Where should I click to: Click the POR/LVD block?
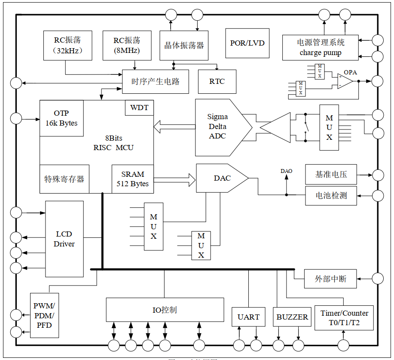pyautogui.click(x=247, y=43)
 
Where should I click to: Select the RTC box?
pyautogui.click(x=217, y=81)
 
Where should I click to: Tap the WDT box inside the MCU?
pyautogui.click(x=139, y=108)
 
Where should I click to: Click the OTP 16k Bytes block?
pyautogui.click(x=61, y=118)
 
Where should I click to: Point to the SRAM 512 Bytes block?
pyautogui.click(x=132, y=179)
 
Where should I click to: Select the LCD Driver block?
pyautogui.click(x=64, y=239)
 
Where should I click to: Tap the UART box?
pyautogui.click(x=248, y=317)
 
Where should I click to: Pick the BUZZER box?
pyautogui.click(x=292, y=317)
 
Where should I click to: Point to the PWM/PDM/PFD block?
pyautogui.click(x=44, y=315)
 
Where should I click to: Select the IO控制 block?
pyautogui.click(x=165, y=310)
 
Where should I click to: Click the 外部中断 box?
pyautogui.click(x=330, y=279)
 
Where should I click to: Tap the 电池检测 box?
pyautogui.click(x=331, y=196)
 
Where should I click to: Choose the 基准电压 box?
pyautogui.click(x=331, y=175)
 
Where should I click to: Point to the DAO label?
pyautogui.click(x=286, y=171)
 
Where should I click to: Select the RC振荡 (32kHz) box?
pyautogui.click(x=67, y=45)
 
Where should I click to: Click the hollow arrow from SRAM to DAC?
pyautogui.click(x=174, y=179)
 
